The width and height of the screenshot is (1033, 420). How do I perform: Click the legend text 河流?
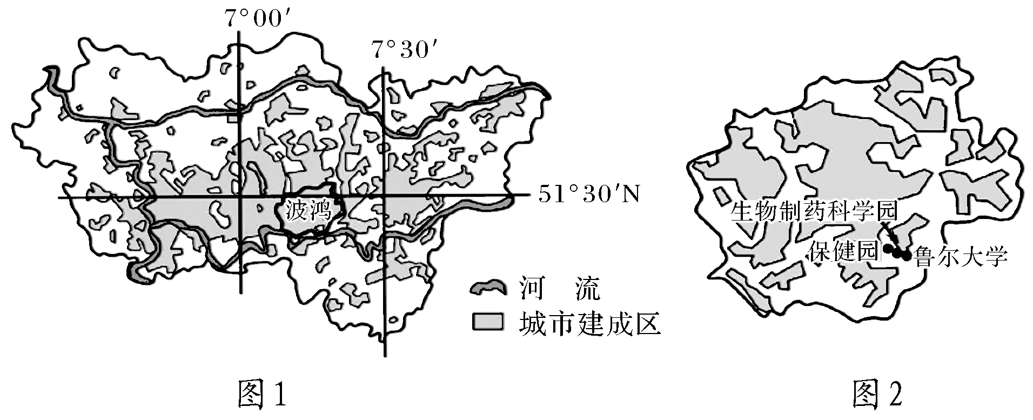point(560,290)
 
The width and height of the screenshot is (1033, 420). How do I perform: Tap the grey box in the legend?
point(487,322)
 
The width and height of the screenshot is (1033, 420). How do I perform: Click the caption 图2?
point(876,397)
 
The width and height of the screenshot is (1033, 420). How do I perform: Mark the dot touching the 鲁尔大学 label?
point(906,256)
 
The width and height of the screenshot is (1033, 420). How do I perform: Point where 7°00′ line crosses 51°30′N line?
point(238,197)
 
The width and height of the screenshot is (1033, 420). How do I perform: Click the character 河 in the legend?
point(533,290)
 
